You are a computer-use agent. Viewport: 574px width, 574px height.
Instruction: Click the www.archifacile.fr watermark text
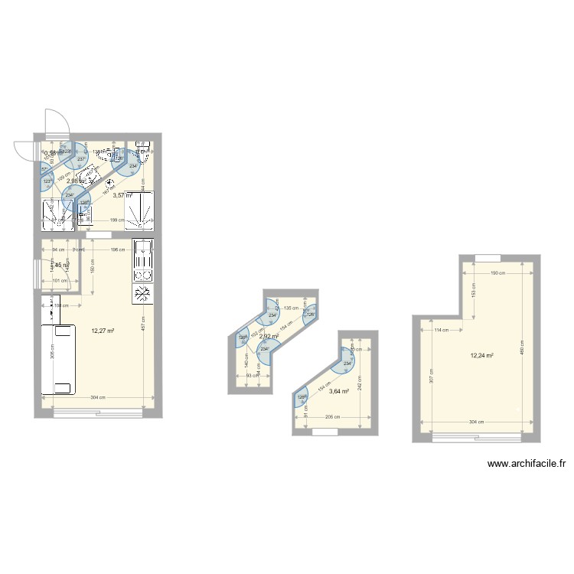click(x=527, y=464)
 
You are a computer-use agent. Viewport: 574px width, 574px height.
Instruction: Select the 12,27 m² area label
click(x=103, y=331)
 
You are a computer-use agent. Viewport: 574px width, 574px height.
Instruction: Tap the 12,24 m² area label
click(x=481, y=355)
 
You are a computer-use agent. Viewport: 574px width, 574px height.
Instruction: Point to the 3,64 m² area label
click(x=339, y=391)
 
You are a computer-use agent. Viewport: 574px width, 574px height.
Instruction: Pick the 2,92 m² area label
click(x=268, y=336)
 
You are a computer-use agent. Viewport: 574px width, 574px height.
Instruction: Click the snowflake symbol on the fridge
click(x=142, y=294)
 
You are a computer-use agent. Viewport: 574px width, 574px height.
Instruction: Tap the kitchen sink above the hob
click(x=142, y=250)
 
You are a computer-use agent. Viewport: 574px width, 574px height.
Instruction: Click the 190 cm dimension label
click(x=496, y=273)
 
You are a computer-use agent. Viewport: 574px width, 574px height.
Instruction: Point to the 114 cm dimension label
click(x=440, y=331)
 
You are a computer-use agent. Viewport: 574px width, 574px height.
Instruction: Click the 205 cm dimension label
click(x=331, y=417)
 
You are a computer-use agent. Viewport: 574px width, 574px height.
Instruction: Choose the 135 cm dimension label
click(x=292, y=308)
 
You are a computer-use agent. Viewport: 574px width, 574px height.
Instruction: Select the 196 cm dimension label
click(x=117, y=249)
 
